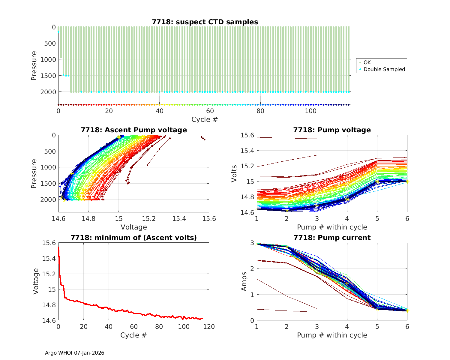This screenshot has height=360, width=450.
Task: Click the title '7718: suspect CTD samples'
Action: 205,22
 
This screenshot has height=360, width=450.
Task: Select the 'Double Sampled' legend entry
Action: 384,69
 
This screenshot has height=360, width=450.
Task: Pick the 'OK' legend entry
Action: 367,62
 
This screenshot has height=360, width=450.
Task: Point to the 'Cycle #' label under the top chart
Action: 205,119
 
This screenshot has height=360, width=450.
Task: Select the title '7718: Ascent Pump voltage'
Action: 134,130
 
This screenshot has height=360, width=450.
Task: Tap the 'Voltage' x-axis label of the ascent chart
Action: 134,227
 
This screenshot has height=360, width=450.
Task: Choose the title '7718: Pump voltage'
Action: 332,130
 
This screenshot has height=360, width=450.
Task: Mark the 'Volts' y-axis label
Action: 234,174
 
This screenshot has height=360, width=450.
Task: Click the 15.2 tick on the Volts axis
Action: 247,166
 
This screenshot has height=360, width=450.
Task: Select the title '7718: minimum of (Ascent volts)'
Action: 134,238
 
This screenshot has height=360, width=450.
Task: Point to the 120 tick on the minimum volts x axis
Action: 209,327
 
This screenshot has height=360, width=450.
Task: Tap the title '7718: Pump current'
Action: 332,238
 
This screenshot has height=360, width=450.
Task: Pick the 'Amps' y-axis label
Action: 244,281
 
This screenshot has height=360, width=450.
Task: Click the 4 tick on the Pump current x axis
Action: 347,327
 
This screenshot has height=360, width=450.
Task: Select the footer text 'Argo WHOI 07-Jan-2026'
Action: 75,353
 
